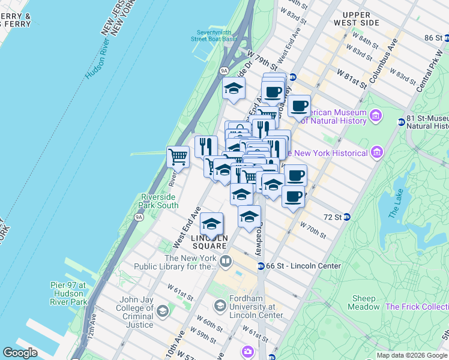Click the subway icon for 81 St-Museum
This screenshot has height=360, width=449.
401,122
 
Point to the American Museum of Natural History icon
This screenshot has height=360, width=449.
376,115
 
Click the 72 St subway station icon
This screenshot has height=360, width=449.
347,217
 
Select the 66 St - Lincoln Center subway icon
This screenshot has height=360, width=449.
261,266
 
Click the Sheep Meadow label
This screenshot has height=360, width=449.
364,302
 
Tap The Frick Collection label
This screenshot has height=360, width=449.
417,307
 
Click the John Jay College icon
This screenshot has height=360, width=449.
162,310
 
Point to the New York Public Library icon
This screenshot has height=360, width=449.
225,261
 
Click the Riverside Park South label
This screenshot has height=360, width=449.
159,201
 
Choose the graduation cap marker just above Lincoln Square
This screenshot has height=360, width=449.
211,223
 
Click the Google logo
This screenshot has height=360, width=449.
20,353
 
